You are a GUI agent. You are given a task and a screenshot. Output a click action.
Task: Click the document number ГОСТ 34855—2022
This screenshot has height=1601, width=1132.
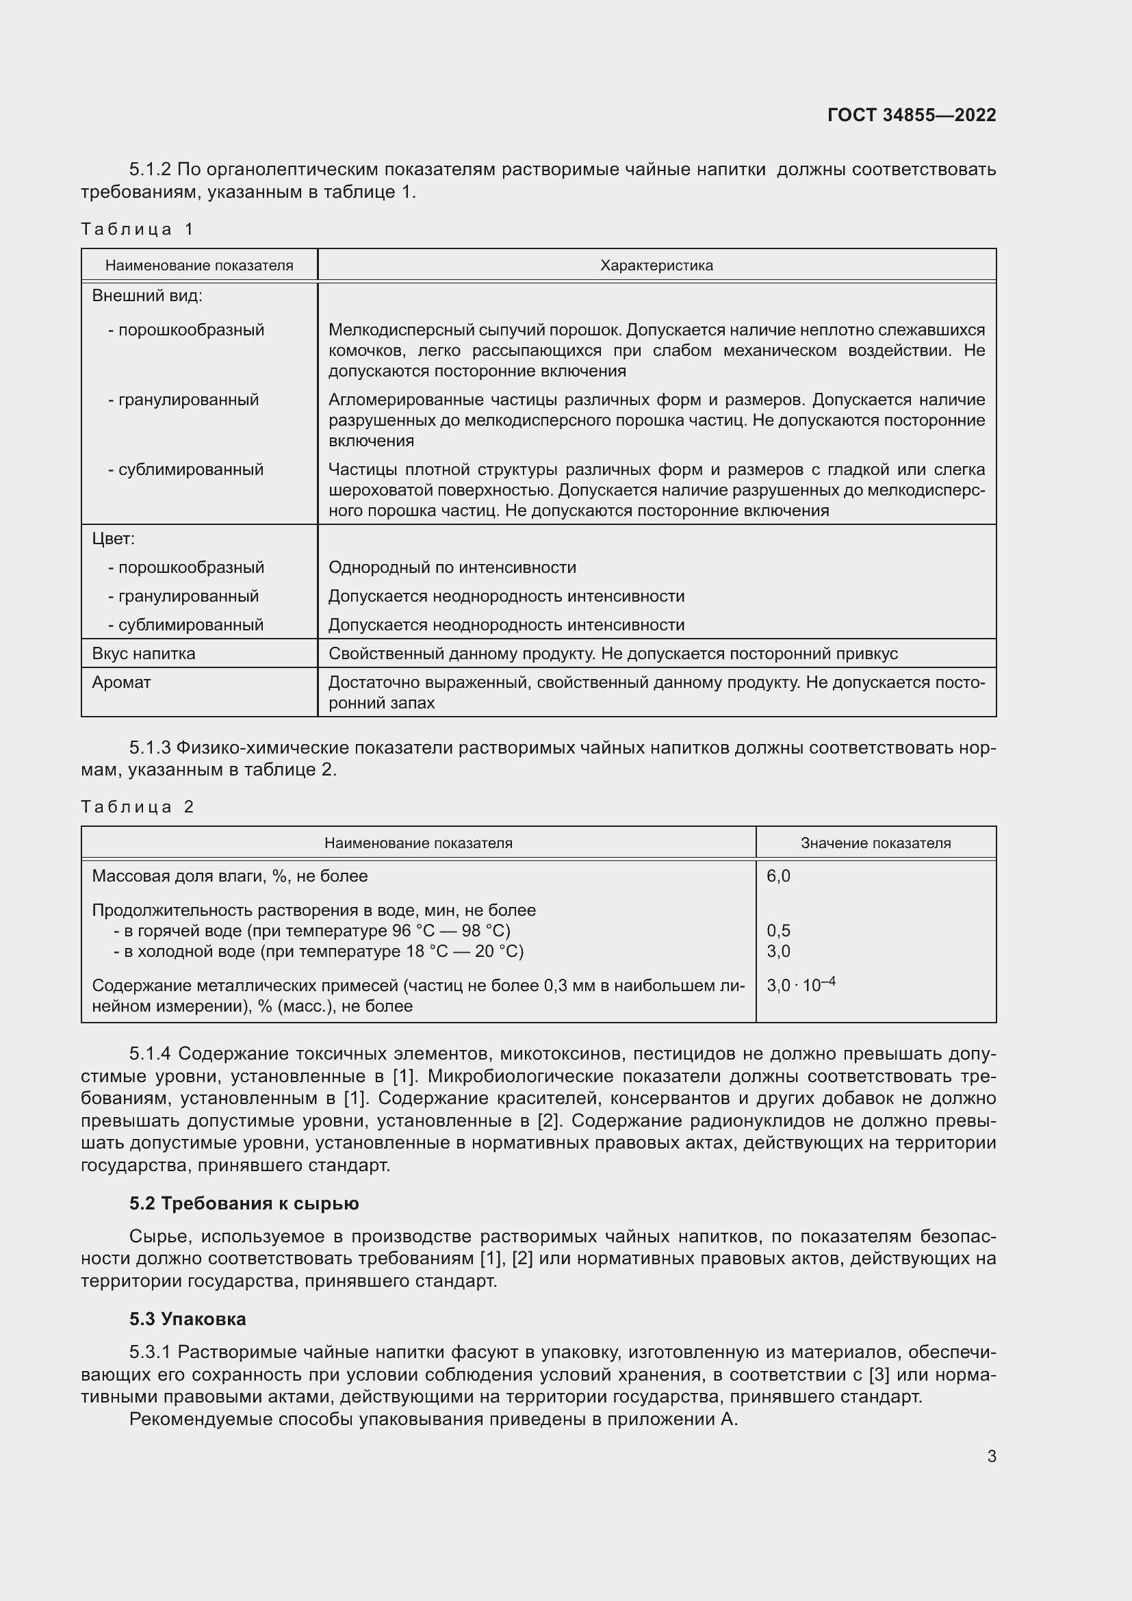tap(911, 115)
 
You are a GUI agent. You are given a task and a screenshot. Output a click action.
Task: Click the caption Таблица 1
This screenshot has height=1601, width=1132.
tap(138, 229)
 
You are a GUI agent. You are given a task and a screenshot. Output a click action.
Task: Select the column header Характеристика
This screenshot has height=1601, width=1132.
tap(656, 266)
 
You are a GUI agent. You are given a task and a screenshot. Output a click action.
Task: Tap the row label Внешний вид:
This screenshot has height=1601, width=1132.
tap(147, 296)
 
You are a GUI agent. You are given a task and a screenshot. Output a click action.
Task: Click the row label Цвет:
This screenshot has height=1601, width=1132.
tap(114, 538)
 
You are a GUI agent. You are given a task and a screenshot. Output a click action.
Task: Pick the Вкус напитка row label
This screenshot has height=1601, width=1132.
tap(144, 654)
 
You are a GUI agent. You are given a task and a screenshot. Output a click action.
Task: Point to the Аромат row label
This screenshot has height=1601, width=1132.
tap(121, 682)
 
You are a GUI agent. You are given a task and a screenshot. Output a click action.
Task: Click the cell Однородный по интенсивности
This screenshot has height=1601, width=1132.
tap(452, 567)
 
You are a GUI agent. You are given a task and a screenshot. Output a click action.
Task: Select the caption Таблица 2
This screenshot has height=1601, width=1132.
tap(138, 807)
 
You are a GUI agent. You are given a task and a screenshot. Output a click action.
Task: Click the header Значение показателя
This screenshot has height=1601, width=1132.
tap(875, 843)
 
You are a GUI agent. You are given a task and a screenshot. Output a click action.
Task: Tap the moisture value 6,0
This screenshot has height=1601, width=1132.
tap(778, 876)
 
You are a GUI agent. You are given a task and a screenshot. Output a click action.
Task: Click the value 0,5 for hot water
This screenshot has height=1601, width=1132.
tap(778, 931)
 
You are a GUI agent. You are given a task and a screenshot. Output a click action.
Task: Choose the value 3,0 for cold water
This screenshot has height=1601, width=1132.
tap(778, 951)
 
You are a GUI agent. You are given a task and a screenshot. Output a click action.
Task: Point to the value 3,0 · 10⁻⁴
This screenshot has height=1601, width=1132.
tap(800, 984)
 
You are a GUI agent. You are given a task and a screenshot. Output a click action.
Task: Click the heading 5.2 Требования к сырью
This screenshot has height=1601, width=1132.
tap(244, 1203)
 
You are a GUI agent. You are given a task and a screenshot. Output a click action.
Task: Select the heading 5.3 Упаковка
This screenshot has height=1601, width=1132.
tap(188, 1319)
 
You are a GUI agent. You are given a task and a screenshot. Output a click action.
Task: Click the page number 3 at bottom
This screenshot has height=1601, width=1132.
tap(991, 1457)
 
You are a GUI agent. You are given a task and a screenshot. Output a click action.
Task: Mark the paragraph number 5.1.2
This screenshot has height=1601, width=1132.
tap(150, 170)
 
